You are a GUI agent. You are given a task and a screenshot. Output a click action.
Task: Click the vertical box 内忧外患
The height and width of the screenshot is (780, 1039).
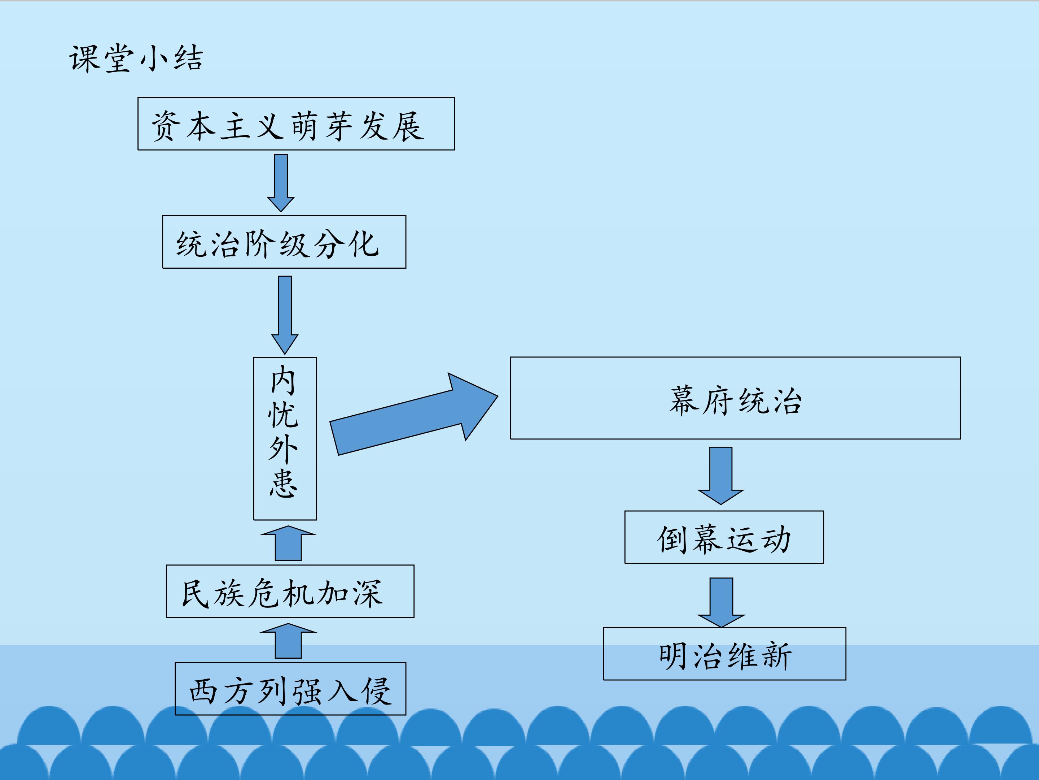tap(285, 438)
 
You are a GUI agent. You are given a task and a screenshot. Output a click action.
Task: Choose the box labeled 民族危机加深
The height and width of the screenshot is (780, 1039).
tap(290, 591)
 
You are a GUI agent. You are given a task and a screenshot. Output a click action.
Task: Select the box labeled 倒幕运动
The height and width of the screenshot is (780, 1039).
tap(724, 537)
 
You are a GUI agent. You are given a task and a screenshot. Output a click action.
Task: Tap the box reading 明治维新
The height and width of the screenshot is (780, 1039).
tap(724, 654)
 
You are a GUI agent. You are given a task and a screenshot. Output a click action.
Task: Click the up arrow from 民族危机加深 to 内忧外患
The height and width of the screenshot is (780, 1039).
tap(288, 543)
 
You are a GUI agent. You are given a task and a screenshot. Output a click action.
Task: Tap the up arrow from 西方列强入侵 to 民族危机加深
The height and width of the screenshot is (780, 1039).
tap(288, 641)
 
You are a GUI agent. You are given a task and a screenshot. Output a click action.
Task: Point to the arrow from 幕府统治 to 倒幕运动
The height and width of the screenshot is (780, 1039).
tap(720, 475)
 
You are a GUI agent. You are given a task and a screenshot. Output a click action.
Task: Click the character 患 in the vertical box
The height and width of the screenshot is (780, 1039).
tap(283, 483)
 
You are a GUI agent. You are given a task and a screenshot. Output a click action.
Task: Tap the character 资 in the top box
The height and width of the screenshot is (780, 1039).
tap(165, 126)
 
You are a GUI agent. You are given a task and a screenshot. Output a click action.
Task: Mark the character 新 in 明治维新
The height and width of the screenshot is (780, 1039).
tap(777, 655)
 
